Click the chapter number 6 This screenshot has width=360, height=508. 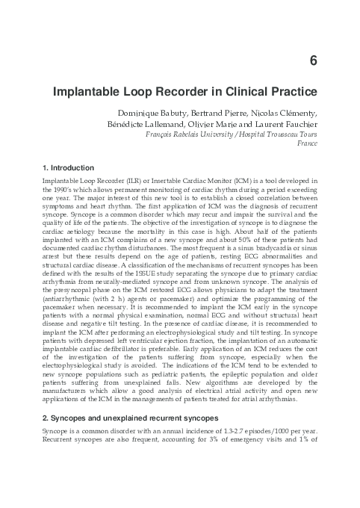click(x=314, y=61)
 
